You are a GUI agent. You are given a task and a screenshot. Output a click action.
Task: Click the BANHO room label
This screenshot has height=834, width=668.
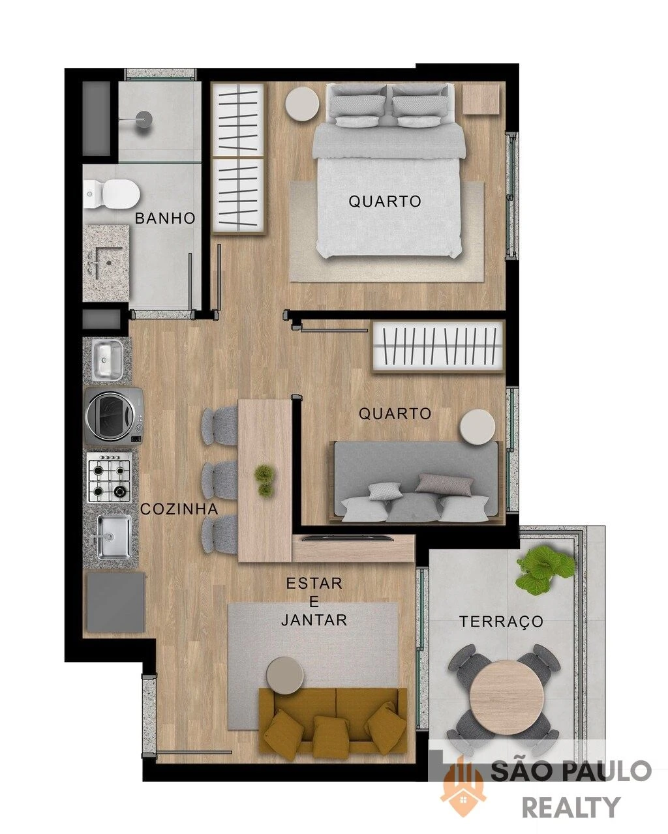click(x=165, y=218)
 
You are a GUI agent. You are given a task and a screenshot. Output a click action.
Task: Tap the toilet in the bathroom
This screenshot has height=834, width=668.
click(x=112, y=194)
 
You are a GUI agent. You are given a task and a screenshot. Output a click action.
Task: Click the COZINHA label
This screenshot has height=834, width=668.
click(x=179, y=509)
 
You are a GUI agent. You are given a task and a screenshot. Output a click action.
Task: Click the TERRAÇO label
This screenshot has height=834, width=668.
click(x=501, y=621)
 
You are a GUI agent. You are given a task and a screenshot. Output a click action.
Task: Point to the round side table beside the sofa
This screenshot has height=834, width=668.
click(x=286, y=674)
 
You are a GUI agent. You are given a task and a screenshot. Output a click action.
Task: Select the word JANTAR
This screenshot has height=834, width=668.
click(x=314, y=621)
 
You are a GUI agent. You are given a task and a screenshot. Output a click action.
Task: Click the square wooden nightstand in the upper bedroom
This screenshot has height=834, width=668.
click(x=481, y=99)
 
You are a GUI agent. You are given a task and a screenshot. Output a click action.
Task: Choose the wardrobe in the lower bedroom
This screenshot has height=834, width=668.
click(x=438, y=346)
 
